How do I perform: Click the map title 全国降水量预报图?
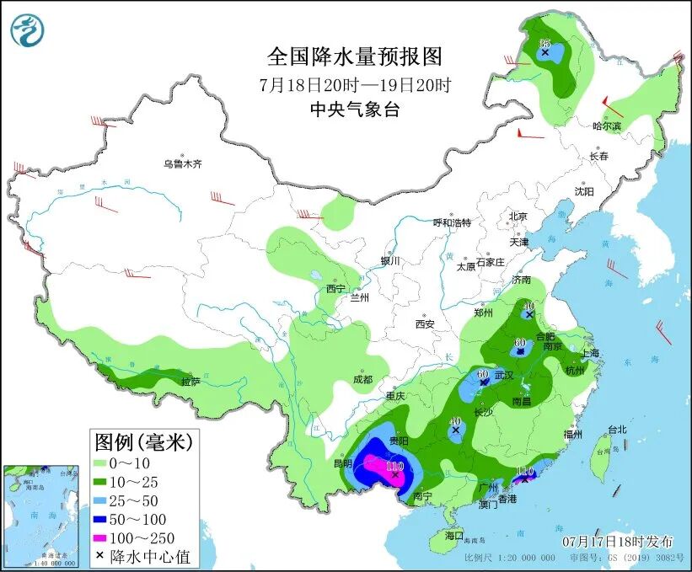pos(354,56)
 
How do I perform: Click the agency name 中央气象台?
pos(354,109)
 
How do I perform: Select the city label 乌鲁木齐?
pos(183,164)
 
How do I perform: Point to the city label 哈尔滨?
pos(606,126)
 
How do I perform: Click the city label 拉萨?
pos(190,382)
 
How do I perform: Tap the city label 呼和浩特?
pos(452,222)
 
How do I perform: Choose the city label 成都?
pos(362,379)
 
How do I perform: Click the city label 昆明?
pos(341,464)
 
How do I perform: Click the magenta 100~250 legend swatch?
pos(105,537)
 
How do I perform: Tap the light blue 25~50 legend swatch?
pos(105,500)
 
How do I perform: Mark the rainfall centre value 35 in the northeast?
pos(544,43)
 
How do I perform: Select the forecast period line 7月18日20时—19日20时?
pos(354,84)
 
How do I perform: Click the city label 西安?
pos(424,324)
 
